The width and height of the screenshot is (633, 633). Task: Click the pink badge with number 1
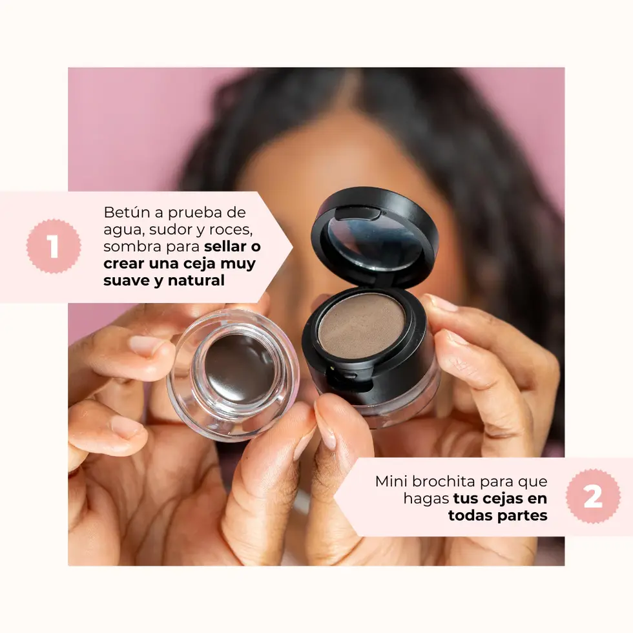[54, 246]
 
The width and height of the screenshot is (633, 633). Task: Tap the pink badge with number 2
[592, 496]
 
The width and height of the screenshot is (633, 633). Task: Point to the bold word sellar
[227, 247]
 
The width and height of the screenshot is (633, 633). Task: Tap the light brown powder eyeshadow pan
[361, 325]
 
